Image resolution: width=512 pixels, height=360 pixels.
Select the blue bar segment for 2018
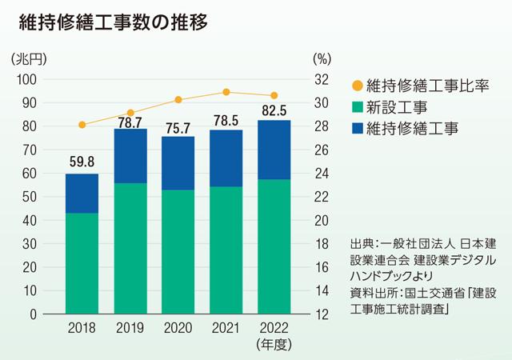coord(82,194)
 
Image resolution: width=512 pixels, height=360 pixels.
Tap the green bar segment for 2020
coord(178,251)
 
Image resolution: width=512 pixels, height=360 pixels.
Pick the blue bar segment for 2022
coord(274,150)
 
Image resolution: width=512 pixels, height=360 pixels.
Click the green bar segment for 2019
coord(130,248)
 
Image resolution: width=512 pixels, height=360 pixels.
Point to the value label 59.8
coord(82,166)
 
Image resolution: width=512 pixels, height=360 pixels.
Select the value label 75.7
coord(178,128)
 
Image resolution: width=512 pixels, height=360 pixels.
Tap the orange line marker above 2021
coord(226,92)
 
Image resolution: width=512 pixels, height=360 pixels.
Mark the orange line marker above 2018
coord(82,125)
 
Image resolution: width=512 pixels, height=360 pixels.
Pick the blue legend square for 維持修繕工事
coord(358,127)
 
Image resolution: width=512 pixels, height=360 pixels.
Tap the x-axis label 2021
coord(226,329)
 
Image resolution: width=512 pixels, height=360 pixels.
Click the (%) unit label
coord(322,58)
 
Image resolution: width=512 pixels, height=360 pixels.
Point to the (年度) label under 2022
coord(274,345)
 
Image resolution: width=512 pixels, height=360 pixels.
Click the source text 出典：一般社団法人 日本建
coord(424,242)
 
